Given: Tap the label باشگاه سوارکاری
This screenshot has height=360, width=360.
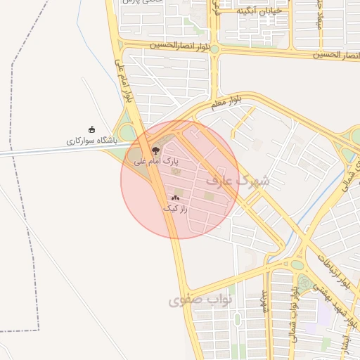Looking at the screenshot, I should [x=92, y=141].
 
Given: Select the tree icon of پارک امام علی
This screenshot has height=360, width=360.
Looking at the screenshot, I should [x=156, y=150].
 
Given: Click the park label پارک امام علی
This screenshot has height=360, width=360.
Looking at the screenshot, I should [x=153, y=161].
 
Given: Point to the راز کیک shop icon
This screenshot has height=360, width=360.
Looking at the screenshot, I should [x=175, y=198].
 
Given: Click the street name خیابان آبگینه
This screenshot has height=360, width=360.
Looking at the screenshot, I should [x=259, y=11].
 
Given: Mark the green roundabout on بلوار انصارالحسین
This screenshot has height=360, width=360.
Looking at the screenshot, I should [x=214, y=49].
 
